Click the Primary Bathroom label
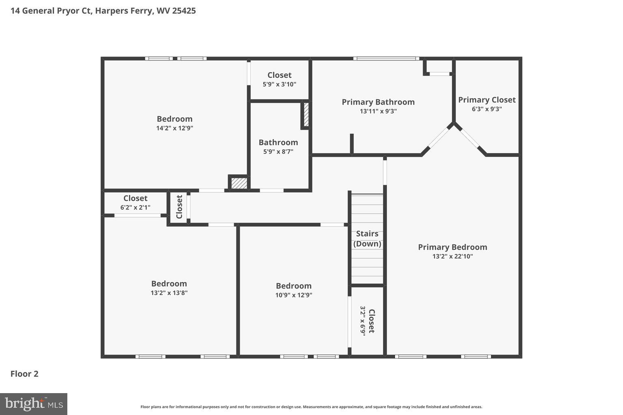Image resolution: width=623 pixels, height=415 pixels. pos(378,102)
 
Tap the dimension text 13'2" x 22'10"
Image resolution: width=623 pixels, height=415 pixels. pos(452,256)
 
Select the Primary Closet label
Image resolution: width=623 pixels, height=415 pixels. pos(487,100)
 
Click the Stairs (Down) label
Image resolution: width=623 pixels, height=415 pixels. pos(367,239)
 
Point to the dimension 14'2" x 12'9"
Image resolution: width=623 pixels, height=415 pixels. pos(174,128)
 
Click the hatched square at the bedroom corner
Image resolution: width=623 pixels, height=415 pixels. pos(239,183)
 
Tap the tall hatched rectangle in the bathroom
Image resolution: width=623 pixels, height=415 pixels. pos(306,115)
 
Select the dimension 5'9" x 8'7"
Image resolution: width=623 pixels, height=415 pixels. pos(278,152)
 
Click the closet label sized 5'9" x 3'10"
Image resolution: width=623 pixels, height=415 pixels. pos(279,75)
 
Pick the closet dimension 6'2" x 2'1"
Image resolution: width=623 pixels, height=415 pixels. pos(135,207)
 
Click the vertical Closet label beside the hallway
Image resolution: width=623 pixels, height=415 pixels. pos(179,207)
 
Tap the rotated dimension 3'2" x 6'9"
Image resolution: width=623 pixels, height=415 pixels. pos(363,320)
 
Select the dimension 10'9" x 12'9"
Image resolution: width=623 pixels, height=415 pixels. pos(294,295)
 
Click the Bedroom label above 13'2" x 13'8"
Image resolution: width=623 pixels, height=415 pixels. pos(169,284)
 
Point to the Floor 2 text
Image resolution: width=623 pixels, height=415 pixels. pos(24,374)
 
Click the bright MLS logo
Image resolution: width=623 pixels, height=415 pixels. pos(34,404)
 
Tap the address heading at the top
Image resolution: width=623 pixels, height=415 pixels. pos(103,11)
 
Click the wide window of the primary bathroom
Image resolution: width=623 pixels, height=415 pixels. pos(386,59)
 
